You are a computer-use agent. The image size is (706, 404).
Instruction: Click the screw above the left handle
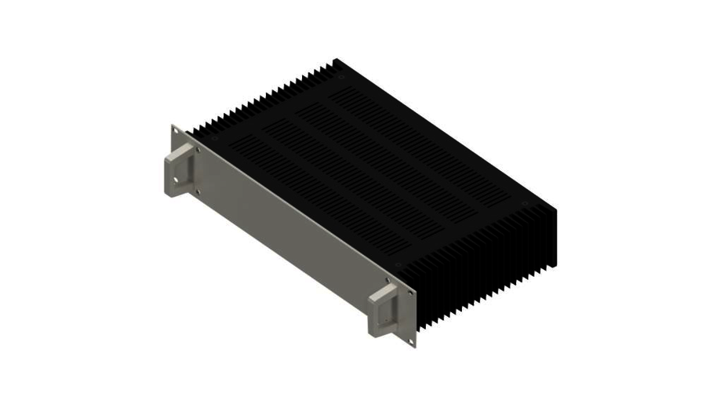point(198,148)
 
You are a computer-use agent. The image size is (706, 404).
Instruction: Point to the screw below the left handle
point(197,191)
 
